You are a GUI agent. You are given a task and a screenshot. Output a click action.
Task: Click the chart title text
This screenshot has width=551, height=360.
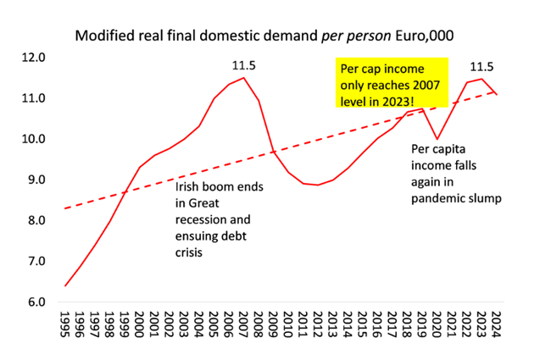(275, 36)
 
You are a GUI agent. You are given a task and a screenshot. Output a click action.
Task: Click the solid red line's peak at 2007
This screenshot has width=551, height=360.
(243, 78)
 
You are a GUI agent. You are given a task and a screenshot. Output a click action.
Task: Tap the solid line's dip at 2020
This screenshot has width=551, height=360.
(437, 139)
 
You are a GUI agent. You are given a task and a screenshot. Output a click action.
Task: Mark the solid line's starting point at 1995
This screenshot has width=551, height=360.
(65, 285)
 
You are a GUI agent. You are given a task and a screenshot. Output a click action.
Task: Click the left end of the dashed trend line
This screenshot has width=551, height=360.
(65, 208)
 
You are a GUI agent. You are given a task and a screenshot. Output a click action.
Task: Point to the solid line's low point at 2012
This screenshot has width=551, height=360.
(318, 185)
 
